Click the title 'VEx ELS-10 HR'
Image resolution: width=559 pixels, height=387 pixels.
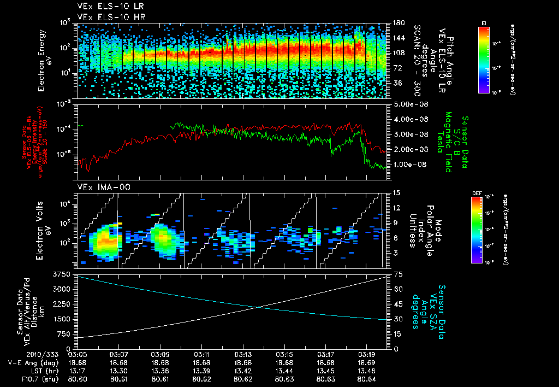[x=106, y=17]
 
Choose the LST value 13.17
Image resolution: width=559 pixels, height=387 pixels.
[x=78, y=370]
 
